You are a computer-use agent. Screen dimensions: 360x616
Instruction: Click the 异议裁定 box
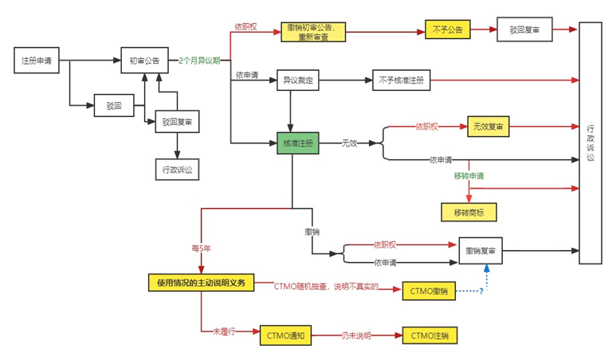pos(297,80)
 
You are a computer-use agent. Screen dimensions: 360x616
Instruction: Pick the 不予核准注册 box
pos(402,80)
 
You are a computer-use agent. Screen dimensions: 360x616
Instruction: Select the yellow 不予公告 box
pos(446,29)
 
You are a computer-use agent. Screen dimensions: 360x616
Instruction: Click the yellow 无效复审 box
pos(488,126)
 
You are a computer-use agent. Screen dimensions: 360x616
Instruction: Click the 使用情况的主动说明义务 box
pos(201,282)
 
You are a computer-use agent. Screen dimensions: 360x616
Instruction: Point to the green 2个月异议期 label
pos(199,61)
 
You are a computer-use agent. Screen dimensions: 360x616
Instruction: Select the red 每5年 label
pos(201,248)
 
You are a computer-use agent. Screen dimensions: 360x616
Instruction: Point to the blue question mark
pos(481,291)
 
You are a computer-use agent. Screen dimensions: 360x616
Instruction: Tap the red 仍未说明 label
pos(357,335)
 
